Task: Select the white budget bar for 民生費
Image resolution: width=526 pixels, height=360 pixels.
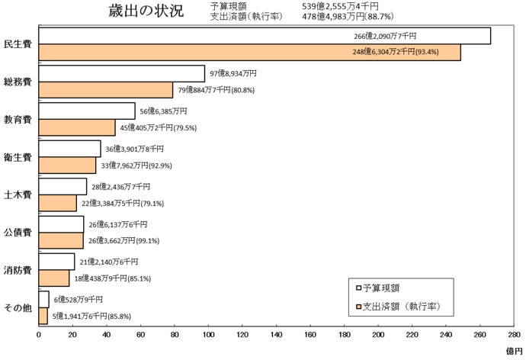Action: [264, 36]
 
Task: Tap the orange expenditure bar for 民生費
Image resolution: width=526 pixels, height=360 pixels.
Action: [249, 52]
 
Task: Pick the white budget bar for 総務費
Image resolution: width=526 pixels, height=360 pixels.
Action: [121, 73]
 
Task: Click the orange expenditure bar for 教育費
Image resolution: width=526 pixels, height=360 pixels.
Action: [76, 127]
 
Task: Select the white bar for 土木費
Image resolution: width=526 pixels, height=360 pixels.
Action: [63, 186]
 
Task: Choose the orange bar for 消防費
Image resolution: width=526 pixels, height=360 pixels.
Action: [53, 278]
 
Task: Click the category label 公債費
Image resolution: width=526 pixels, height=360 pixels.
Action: [17, 233]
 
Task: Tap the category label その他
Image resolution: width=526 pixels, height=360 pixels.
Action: [17, 307]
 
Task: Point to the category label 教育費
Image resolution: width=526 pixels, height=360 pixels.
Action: [17, 120]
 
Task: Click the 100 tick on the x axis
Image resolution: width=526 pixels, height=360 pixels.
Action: [208, 334]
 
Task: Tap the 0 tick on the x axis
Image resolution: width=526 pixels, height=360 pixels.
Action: [39, 334]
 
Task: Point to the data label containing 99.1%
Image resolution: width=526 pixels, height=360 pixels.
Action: [124, 240]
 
